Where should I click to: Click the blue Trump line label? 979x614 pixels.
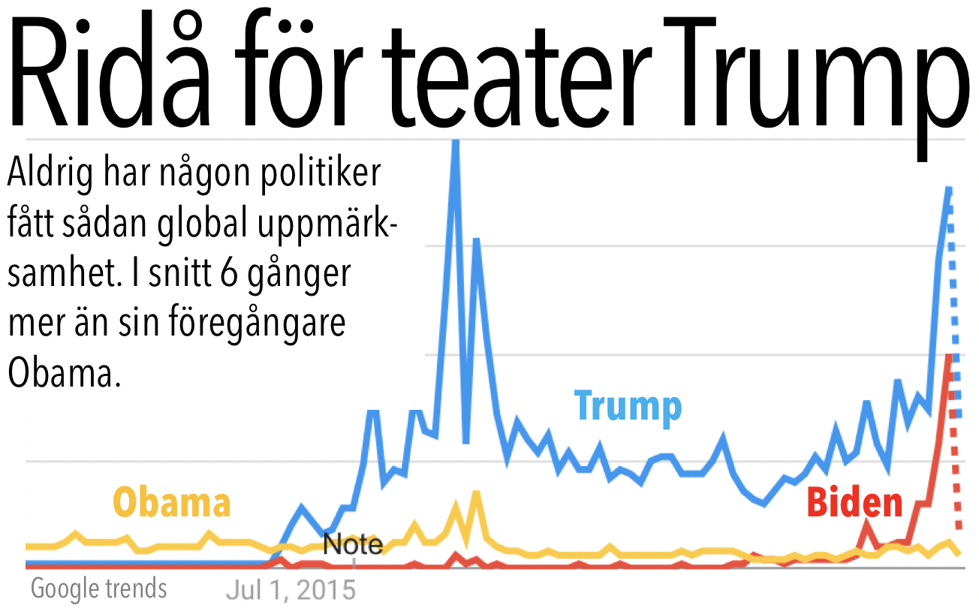click(628, 406)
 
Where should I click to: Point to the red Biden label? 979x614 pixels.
click(854, 503)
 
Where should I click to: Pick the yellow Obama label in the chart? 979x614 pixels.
click(171, 502)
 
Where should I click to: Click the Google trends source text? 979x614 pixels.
click(98, 588)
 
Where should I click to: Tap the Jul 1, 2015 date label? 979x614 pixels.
click(291, 589)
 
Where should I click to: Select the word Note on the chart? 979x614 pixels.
click(353, 543)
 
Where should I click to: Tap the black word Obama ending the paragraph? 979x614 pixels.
click(64, 372)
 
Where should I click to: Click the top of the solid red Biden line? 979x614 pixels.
click(949, 357)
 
